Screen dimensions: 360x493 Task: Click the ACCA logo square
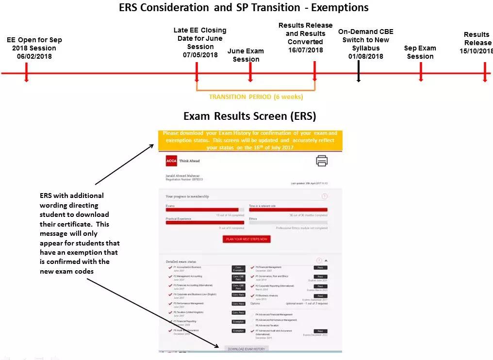(x=171, y=161)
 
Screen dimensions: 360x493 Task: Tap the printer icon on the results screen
(x=322, y=161)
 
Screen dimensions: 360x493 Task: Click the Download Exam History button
(x=246, y=349)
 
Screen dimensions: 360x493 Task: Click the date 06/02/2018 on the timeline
(x=34, y=56)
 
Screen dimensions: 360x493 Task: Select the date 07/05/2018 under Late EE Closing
(x=200, y=55)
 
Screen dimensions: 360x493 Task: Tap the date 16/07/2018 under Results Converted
(x=305, y=50)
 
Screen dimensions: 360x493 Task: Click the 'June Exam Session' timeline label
(x=246, y=55)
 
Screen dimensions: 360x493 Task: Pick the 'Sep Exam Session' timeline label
(x=420, y=52)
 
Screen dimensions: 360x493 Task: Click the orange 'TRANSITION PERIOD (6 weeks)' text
(x=256, y=97)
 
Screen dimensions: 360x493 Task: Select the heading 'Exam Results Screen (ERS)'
(x=249, y=116)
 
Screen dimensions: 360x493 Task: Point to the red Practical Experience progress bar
(x=204, y=223)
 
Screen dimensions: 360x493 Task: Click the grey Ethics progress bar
(x=288, y=223)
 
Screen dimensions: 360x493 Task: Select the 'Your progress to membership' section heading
(x=187, y=196)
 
